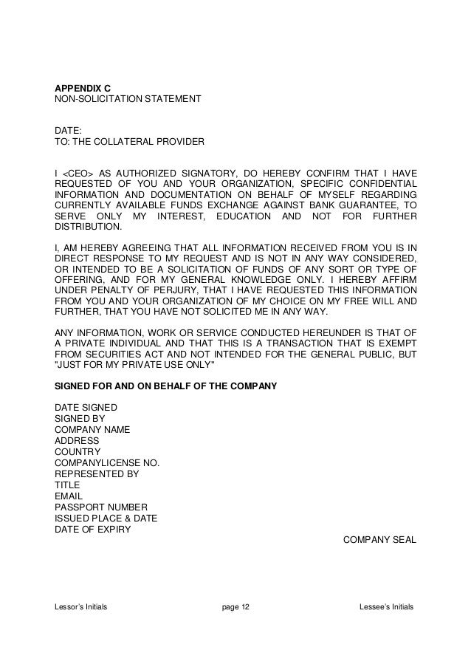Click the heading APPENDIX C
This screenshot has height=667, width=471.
tap(83, 87)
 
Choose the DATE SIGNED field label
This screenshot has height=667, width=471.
tap(85, 407)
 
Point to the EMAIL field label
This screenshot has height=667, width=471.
tap(69, 496)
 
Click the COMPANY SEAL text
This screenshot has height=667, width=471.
tap(380, 540)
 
